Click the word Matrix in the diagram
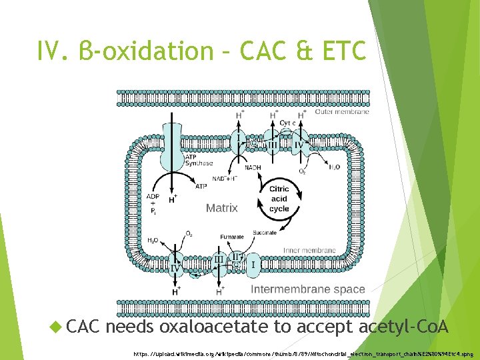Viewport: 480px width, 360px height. [221, 208]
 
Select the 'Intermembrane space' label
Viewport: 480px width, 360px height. [307, 289]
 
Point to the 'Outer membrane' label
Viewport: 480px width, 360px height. [341, 112]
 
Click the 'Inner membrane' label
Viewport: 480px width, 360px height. [309, 251]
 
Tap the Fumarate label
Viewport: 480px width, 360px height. [232, 237]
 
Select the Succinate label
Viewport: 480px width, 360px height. [265, 233]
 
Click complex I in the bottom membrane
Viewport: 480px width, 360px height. [252, 267]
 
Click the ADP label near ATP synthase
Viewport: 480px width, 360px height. [153, 197]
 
